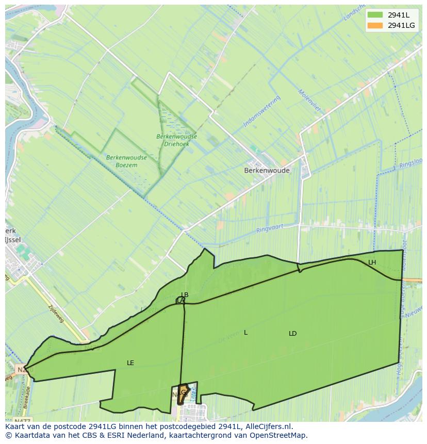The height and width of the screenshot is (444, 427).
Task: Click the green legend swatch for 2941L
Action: click(x=375, y=15)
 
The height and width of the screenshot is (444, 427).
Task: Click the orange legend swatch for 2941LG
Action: click(x=375, y=25)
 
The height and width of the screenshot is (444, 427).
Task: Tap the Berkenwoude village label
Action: click(x=267, y=170)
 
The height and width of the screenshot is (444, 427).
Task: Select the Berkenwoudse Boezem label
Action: click(x=126, y=161)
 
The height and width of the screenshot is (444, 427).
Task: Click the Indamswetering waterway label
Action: click(x=261, y=111)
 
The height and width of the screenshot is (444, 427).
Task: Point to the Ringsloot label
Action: click(x=412, y=165)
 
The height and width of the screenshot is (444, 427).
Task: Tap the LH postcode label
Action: click(x=372, y=262)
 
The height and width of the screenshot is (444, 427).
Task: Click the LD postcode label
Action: click(x=292, y=334)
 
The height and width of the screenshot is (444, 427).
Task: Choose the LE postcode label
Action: click(x=130, y=363)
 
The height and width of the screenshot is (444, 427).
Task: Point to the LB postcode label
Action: click(x=185, y=295)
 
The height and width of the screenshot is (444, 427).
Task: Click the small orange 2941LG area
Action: click(x=182, y=394)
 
